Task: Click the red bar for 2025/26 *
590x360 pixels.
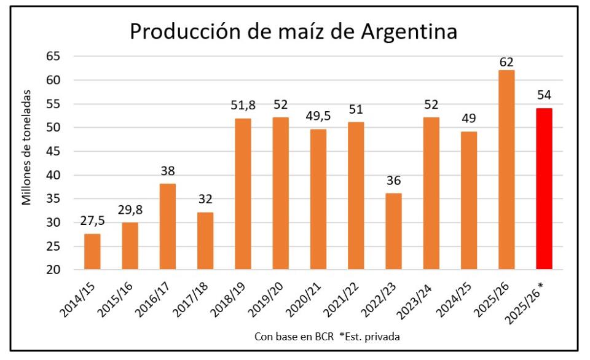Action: [544, 189]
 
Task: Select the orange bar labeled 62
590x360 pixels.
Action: [506, 170]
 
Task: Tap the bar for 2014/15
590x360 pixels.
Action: [92, 251]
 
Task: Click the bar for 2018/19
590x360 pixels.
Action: [243, 194]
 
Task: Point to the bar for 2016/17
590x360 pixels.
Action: [167, 226]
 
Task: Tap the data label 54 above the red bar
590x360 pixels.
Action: [544, 95]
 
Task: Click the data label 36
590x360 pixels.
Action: [393, 181]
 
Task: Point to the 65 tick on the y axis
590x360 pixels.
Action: [54, 57]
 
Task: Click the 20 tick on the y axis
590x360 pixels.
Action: [54, 270]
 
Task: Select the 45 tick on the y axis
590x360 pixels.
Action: [54, 151]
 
